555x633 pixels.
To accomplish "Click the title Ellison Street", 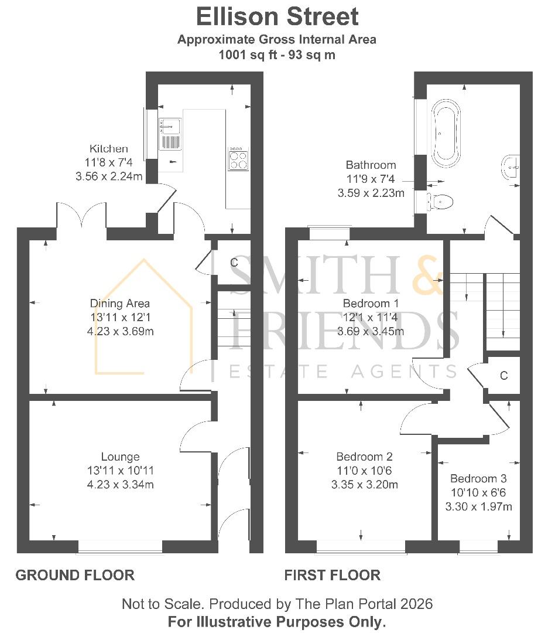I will (x=277, y=16).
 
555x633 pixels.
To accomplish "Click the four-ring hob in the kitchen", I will (x=238, y=158).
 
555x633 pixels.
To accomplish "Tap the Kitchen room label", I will (x=108, y=149).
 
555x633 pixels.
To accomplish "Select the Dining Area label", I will (x=119, y=304).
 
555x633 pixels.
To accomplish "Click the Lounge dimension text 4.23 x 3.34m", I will (x=120, y=484).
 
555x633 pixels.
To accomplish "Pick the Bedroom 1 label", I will (x=371, y=304).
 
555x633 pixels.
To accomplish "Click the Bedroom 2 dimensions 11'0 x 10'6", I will (x=364, y=471).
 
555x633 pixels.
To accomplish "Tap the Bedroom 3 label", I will (x=478, y=478).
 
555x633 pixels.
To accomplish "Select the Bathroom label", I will (x=371, y=165).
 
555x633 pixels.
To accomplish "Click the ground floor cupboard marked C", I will (x=234, y=263).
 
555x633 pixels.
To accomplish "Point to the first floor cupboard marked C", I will (x=503, y=375).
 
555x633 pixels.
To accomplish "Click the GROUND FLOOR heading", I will (x=75, y=575).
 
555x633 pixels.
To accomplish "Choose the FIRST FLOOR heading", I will (x=332, y=575).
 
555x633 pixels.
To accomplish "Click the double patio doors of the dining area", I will (x=81, y=216).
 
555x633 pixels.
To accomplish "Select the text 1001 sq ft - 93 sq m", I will (x=277, y=55).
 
